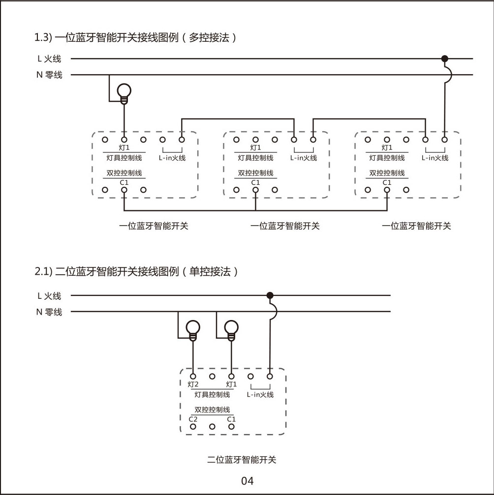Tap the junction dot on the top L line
[x=445, y=58]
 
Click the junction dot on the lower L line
[x=270, y=295]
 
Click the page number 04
[x=247, y=481]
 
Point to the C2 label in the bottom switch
[x=193, y=419]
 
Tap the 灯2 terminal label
[x=193, y=384]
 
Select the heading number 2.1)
[x=44, y=271]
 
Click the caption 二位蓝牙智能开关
[x=242, y=460]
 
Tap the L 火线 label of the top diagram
[x=49, y=59]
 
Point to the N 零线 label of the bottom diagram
[x=49, y=312]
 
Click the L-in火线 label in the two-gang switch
[x=260, y=394]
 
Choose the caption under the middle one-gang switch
[x=285, y=226]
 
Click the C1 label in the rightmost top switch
[x=387, y=182]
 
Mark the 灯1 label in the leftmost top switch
[x=124, y=147]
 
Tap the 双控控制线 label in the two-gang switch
[x=212, y=409]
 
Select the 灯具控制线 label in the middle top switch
[x=255, y=158]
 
